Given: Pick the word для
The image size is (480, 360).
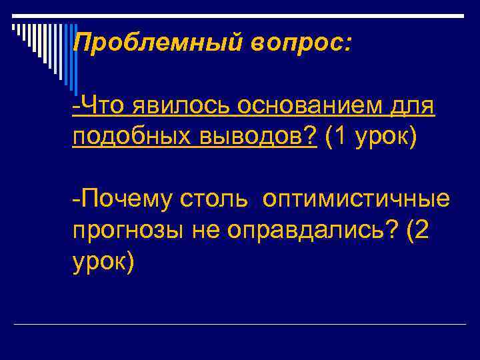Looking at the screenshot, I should [x=414, y=106].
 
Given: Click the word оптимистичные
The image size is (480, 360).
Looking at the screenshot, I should [x=357, y=199].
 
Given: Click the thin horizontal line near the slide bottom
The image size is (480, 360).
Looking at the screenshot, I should [x=240, y=324].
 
